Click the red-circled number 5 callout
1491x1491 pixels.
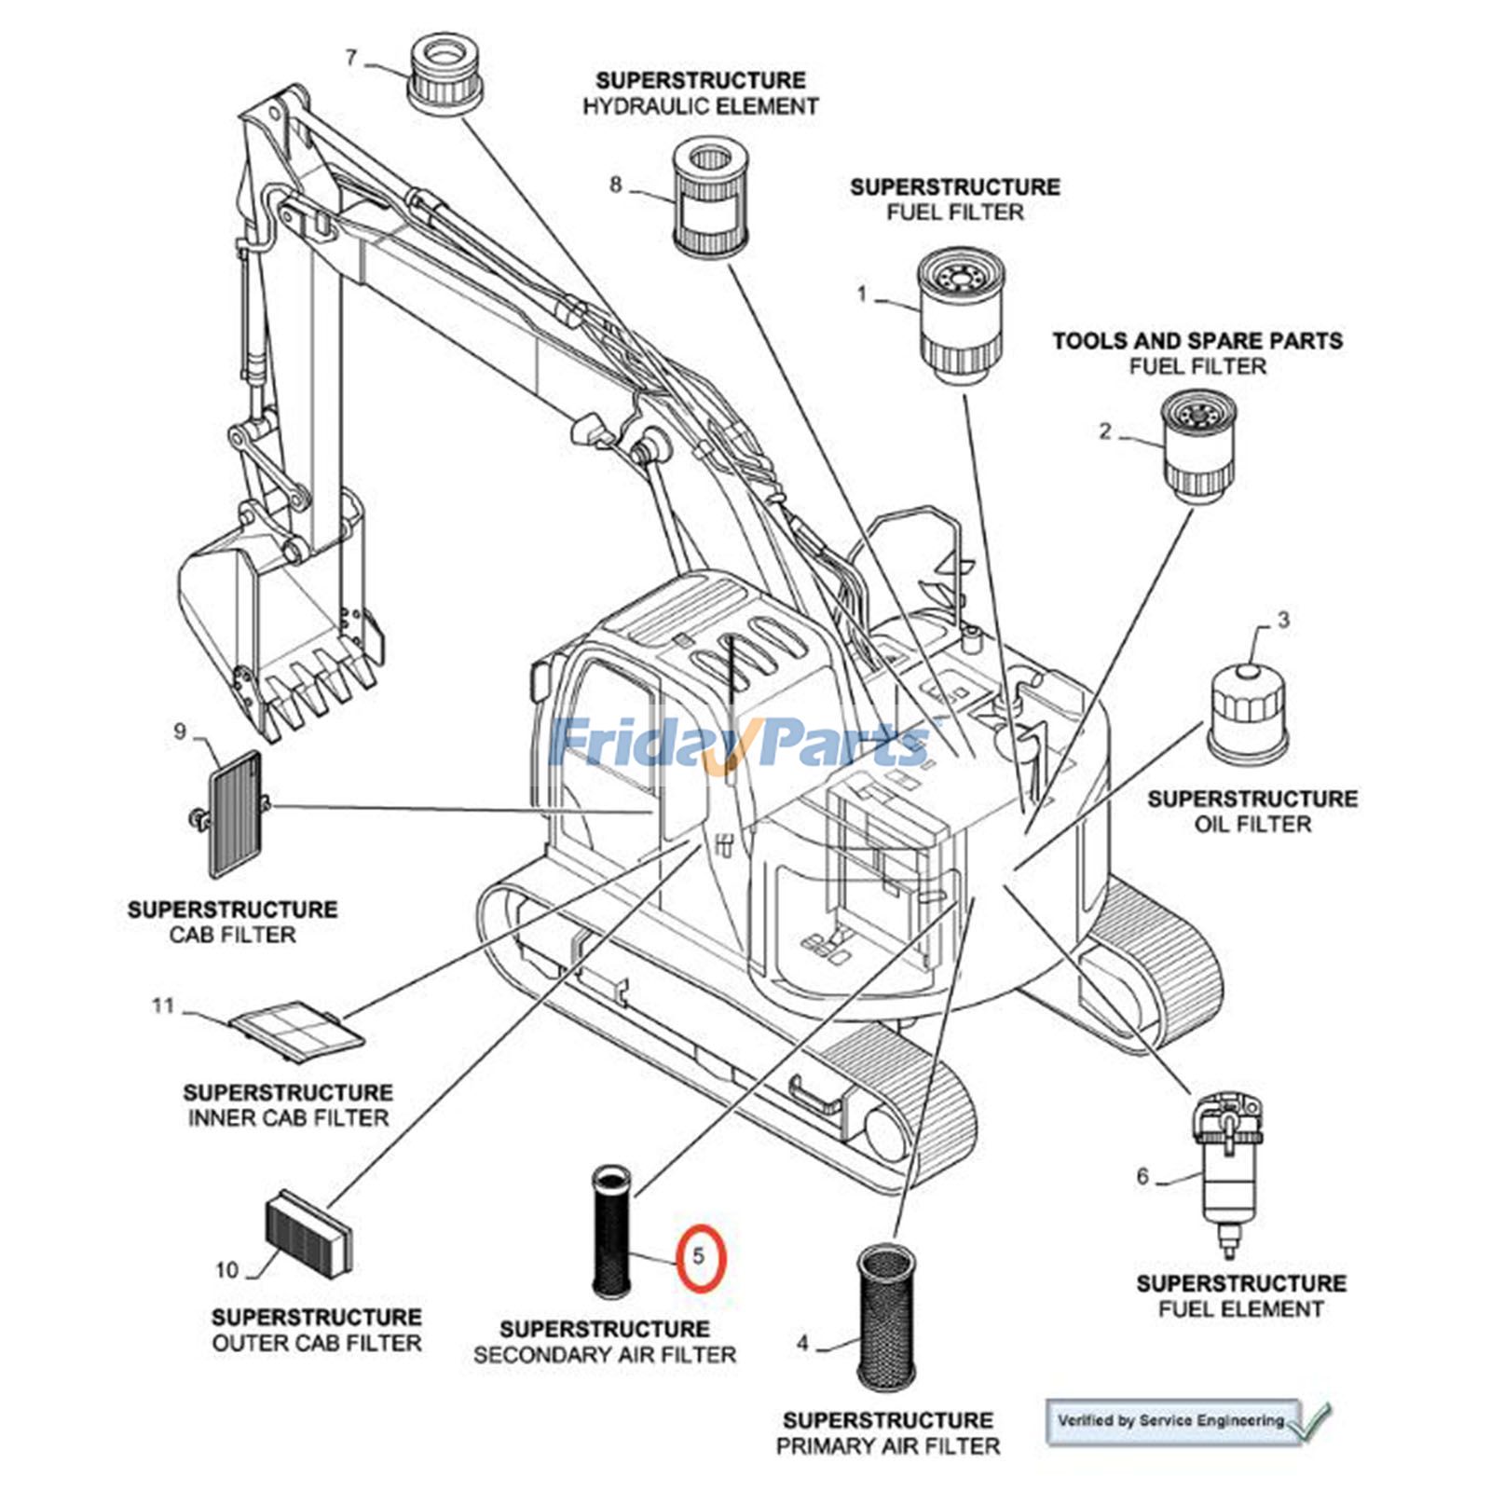coord(700,1257)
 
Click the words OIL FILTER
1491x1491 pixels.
coord(1252,825)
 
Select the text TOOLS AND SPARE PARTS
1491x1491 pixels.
coord(1197,341)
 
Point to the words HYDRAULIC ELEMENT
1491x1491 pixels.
coord(700,107)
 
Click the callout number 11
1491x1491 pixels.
coord(163,1005)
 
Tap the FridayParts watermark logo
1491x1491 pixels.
coord(741,743)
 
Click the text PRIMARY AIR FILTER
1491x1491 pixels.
coord(887,1446)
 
